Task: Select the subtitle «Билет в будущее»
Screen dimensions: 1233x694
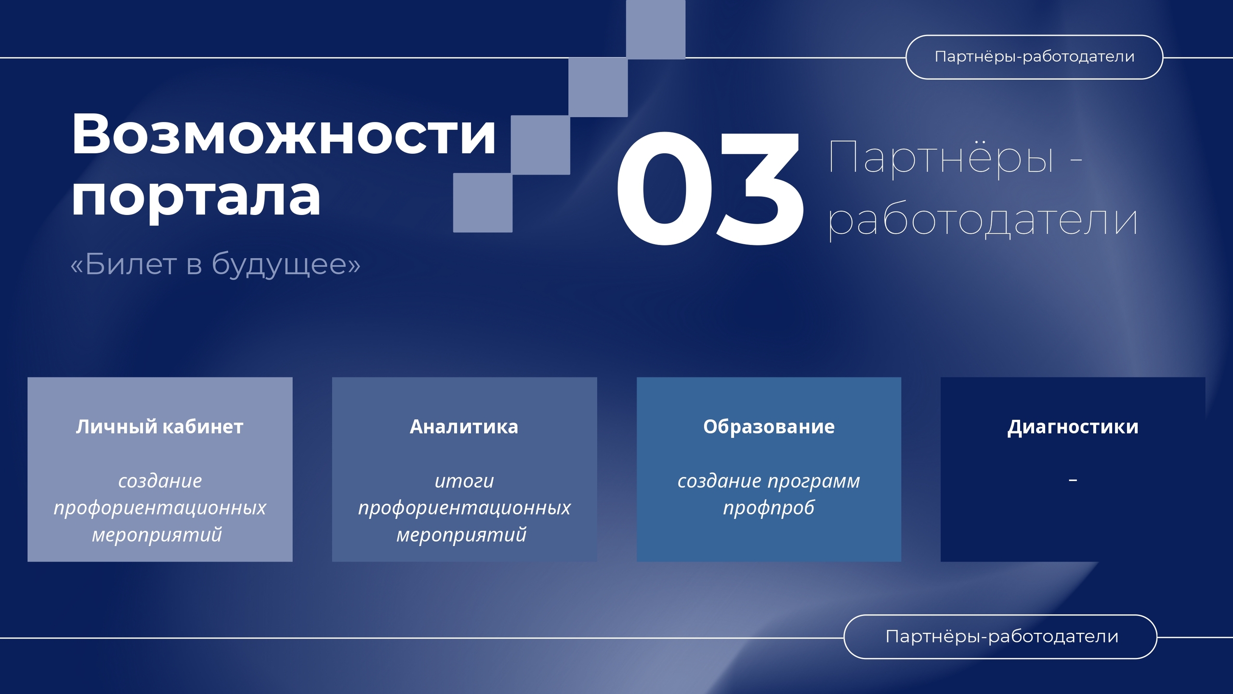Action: [215, 264]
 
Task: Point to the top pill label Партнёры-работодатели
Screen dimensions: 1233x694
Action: [1035, 57]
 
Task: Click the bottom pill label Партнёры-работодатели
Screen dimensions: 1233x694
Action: [1002, 637]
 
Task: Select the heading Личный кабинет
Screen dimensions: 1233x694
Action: [159, 427]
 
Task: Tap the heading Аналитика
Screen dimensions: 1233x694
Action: [464, 427]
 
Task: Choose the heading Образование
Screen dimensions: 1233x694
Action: [769, 427]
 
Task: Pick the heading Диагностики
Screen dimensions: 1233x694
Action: [1073, 427]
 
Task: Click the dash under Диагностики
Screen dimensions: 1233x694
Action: [1073, 480]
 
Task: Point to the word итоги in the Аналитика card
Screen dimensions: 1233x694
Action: [464, 481]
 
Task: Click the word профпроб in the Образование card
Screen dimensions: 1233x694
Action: [769, 508]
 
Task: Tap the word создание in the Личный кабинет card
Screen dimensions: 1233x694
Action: [160, 481]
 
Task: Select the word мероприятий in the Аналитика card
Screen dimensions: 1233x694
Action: [461, 535]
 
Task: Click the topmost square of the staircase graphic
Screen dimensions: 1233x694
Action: [656, 29]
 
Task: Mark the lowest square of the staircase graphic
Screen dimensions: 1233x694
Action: [483, 202]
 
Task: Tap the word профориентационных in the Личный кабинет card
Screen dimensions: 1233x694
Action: [160, 508]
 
